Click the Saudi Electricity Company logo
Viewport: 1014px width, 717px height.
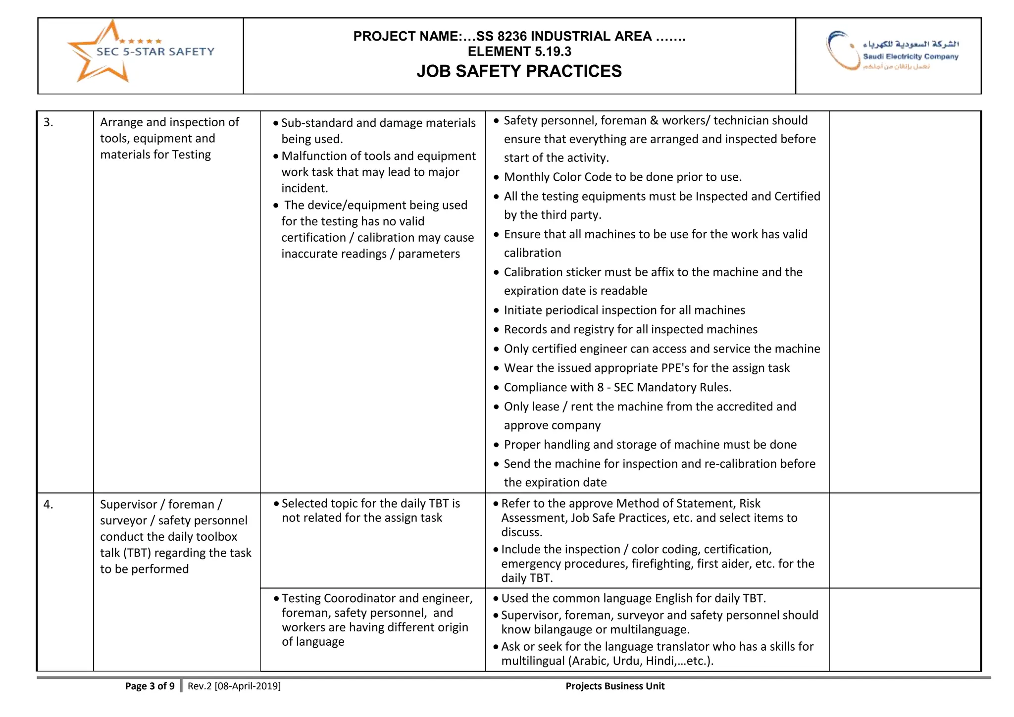(891, 51)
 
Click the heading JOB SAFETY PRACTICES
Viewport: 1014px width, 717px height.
(519, 71)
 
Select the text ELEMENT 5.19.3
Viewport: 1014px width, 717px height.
(519, 51)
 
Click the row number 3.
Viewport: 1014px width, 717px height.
(48, 122)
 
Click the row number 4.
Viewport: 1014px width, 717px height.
(48, 505)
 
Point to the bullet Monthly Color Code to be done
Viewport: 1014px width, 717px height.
(622, 177)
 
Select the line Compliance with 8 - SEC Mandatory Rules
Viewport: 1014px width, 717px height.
(617, 387)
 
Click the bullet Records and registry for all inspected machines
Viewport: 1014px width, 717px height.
(630, 329)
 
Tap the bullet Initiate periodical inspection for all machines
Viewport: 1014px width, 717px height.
(624, 310)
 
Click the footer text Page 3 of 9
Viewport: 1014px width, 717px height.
(150, 686)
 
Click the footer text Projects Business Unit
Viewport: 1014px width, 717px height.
(615, 686)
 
